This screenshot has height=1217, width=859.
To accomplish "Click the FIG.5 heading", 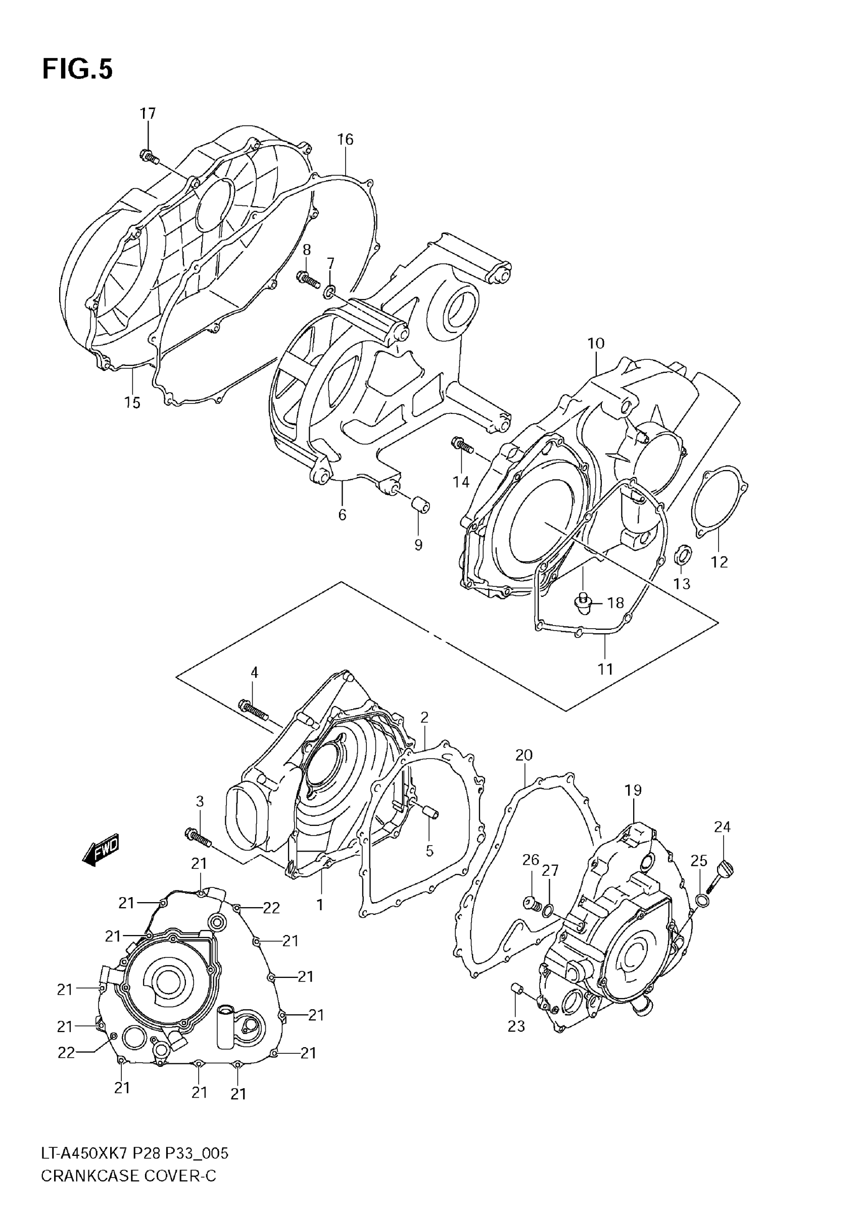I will tap(77, 69).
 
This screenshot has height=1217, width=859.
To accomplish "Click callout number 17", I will tap(148, 113).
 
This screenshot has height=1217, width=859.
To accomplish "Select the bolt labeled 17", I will tap(149, 156).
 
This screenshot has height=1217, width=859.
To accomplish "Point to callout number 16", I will tap(345, 139).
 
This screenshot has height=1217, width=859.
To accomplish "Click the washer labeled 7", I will tap(329, 291).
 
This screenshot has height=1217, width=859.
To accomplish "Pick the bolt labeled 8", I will tap(308, 278).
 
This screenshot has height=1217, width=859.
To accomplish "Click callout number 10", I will tap(596, 344).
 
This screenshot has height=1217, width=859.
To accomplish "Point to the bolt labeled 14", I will tap(462, 445).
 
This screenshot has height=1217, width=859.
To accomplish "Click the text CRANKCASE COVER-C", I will tap(129, 1188).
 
